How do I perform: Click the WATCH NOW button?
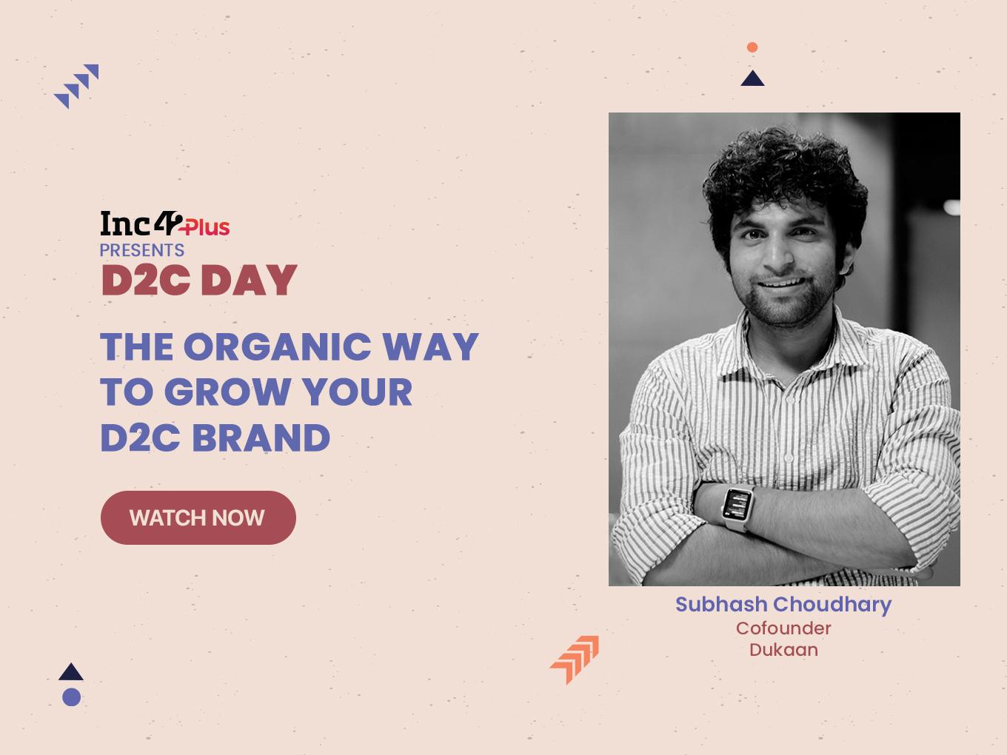coord(198,517)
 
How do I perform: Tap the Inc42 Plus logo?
coord(165,224)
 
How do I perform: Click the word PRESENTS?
coord(141,250)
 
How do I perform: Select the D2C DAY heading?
coord(200,280)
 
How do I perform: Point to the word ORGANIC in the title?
coord(277,346)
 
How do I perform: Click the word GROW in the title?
coord(227,392)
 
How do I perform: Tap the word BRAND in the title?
coord(261,437)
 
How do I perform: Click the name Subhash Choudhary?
coord(783,605)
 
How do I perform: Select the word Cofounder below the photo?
coord(783,628)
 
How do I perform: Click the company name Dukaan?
coord(783,650)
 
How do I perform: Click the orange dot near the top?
coord(752,47)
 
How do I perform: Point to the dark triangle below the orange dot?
coord(752,78)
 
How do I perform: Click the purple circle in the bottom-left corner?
coord(72,697)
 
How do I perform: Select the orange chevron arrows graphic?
coord(575,660)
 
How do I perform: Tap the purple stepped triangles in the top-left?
coord(76,86)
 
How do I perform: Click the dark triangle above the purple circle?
coord(71,672)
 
